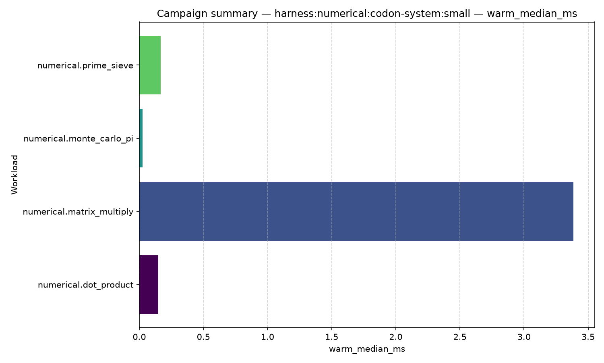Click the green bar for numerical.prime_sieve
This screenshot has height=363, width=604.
(x=150, y=65)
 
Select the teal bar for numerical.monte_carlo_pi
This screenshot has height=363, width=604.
(x=141, y=138)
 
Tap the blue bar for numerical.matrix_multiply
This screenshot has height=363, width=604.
(x=356, y=211)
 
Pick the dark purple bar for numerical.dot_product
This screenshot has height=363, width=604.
(x=149, y=284)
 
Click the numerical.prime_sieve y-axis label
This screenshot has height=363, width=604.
(x=85, y=66)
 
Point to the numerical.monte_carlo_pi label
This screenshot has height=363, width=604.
(x=79, y=139)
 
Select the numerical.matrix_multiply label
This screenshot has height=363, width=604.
(x=78, y=212)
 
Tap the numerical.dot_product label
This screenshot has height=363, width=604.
(x=86, y=285)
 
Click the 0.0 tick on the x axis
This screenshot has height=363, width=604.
(x=139, y=337)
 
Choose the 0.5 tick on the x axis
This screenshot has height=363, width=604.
(x=203, y=337)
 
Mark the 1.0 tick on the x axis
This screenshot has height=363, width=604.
(x=267, y=337)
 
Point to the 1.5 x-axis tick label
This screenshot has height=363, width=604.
(x=332, y=337)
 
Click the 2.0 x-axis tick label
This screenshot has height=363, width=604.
(x=396, y=337)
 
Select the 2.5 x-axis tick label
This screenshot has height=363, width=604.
(x=460, y=337)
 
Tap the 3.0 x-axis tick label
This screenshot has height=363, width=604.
(x=524, y=337)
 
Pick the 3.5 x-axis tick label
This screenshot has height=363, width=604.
(x=588, y=337)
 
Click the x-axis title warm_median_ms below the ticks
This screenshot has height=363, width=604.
(x=367, y=349)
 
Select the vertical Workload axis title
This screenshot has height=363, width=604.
(x=14, y=175)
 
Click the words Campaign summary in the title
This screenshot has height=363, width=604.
(x=207, y=13)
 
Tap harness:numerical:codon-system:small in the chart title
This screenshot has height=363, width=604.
(x=372, y=13)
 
